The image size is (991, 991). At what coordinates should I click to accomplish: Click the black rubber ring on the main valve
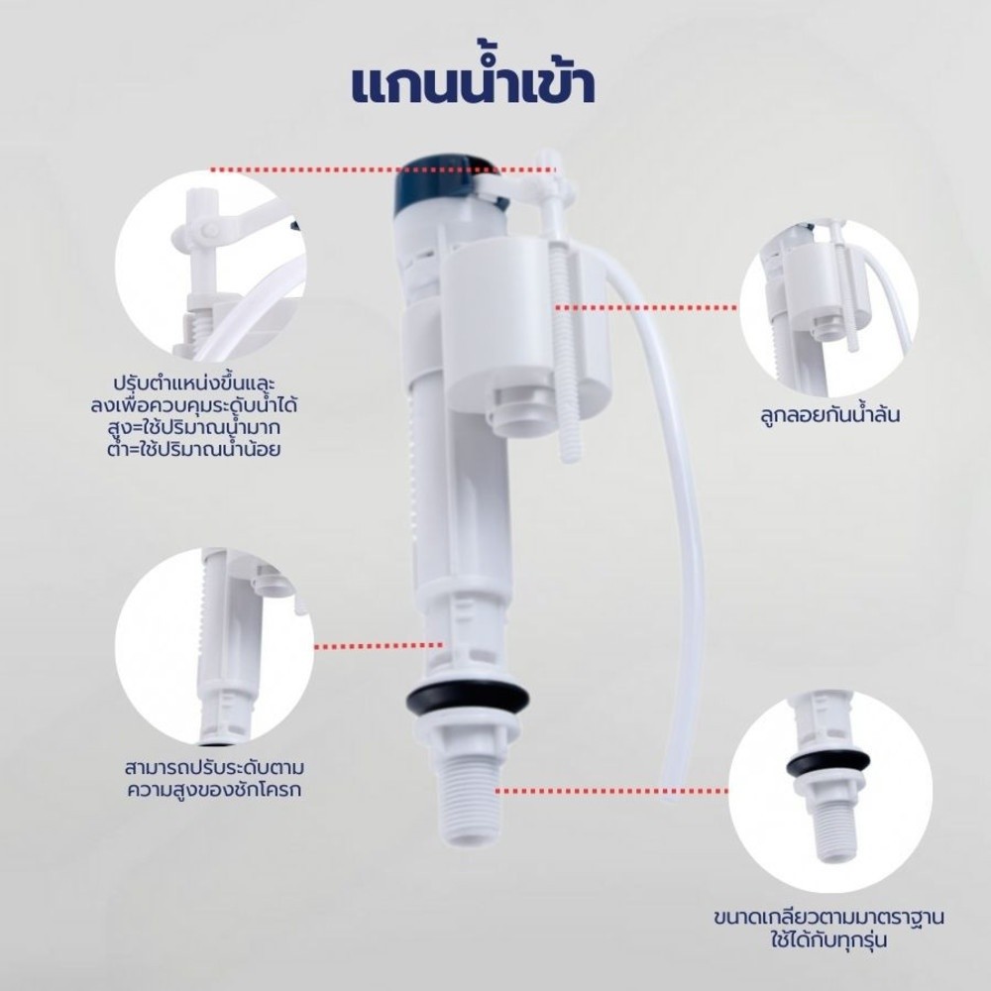click(467, 697)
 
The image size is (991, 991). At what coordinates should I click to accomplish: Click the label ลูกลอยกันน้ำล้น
click(829, 415)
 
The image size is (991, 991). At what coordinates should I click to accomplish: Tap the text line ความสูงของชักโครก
click(214, 790)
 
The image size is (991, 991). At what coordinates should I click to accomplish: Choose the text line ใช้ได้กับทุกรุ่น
click(828, 939)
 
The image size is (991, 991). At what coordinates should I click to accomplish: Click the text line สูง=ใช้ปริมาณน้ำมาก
click(194, 428)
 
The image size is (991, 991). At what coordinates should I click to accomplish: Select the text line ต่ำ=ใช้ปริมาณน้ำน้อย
click(194, 449)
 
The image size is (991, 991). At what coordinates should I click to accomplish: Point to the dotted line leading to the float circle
click(646, 308)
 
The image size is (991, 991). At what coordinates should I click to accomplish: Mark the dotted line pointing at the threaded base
click(611, 791)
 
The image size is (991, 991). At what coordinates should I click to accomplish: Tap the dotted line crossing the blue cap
click(383, 169)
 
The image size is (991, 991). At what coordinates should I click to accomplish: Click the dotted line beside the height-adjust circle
click(379, 646)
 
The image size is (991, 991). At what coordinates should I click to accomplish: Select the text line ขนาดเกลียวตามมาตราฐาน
click(828, 917)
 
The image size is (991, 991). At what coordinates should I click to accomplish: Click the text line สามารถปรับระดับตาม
click(214, 768)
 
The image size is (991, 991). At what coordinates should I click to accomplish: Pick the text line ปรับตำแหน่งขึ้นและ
click(194, 384)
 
